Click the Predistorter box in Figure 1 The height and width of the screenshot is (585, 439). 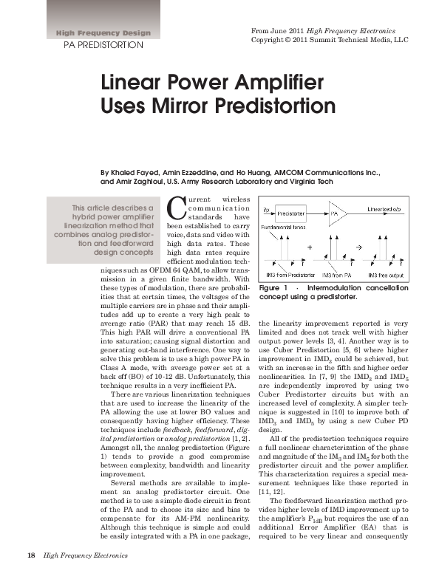click(x=291, y=213)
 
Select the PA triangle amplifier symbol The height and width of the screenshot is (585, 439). click(x=337, y=213)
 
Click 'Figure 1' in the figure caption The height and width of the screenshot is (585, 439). click(x=276, y=287)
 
